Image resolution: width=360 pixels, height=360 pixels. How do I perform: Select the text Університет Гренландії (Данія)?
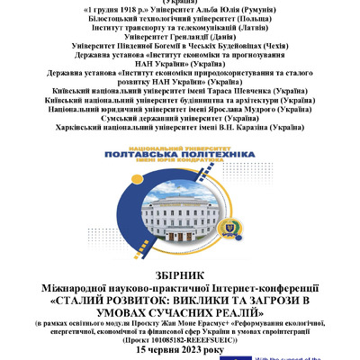(x=179, y=35)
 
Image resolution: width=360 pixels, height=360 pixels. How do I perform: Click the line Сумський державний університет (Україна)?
(x=180, y=119)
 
